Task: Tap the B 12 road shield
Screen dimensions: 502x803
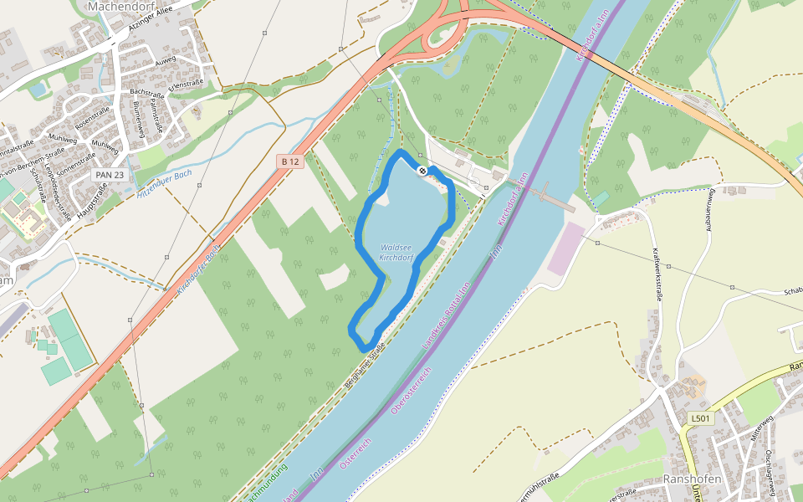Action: pos(289,161)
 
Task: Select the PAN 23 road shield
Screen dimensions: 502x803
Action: pos(110,175)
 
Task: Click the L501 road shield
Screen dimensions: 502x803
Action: pos(701,418)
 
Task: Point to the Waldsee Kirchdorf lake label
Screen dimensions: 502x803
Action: pos(396,253)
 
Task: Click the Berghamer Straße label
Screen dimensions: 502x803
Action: pos(365,368)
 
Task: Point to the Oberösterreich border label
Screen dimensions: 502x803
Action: pos(411,391)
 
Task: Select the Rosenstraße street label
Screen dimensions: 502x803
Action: pos(94,118)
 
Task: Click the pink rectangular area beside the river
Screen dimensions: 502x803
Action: pos(569,248)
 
